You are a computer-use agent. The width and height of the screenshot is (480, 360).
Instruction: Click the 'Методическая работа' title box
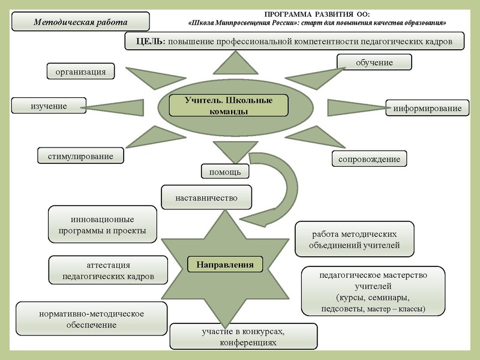point(81,22)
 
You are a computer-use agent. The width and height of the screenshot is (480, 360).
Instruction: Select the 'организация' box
point(80,71)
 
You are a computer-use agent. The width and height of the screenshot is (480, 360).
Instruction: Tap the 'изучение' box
point(49,106)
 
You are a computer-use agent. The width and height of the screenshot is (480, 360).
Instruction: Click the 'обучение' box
point(374,62)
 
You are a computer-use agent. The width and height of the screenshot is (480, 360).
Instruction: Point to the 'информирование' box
point(427,109)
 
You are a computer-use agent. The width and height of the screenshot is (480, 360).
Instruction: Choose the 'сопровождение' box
point(369,158)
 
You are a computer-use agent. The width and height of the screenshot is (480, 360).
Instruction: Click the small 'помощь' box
point(224,172)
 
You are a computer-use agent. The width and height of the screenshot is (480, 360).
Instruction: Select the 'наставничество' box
point(206,197)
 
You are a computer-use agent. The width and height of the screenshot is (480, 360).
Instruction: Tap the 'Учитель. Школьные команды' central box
point(229,105)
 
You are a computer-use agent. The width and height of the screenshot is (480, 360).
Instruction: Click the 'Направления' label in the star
point(225,264)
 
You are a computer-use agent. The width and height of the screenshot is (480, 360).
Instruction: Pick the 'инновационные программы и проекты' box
point(103,224)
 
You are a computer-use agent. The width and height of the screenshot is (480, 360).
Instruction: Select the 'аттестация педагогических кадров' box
point(108,271)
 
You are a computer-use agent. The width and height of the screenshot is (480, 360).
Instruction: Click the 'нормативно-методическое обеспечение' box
point(91,319)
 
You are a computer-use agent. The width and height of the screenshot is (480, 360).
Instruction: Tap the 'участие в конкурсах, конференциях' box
point(243,337)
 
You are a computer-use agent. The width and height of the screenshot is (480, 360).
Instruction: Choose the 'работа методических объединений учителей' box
point(354,239)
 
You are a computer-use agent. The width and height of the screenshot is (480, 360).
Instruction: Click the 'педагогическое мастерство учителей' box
point(373,292)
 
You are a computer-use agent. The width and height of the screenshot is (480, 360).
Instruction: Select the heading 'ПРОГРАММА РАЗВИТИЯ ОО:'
point(317,13)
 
